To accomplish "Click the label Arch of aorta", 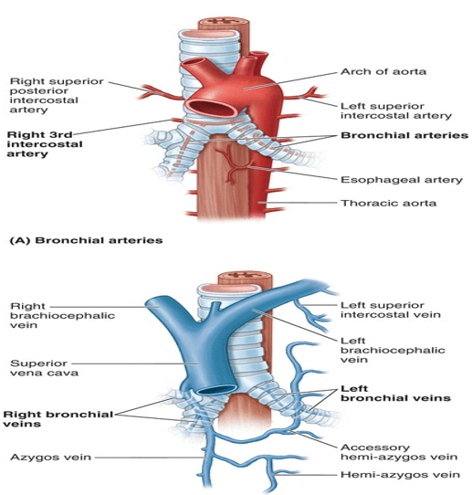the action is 383,71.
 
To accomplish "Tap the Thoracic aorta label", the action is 389,203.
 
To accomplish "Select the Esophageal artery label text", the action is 402,180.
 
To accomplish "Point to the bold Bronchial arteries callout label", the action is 404,135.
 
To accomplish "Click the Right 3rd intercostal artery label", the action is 45,144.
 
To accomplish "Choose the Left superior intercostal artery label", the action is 396,111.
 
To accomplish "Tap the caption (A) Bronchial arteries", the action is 86,240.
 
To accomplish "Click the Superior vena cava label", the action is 44,368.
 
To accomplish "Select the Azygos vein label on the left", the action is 51,458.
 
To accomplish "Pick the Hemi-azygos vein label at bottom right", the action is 401,475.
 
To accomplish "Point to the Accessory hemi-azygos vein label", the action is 399,452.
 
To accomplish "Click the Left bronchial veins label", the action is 395,393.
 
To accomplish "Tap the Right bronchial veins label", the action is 58,419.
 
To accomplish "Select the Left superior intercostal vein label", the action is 391,310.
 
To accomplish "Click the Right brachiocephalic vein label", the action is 62,316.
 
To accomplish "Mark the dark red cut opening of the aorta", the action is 213,109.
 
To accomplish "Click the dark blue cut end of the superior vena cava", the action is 218,390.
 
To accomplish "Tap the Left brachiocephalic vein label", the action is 393,351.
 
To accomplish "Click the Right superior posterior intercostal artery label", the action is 57,95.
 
